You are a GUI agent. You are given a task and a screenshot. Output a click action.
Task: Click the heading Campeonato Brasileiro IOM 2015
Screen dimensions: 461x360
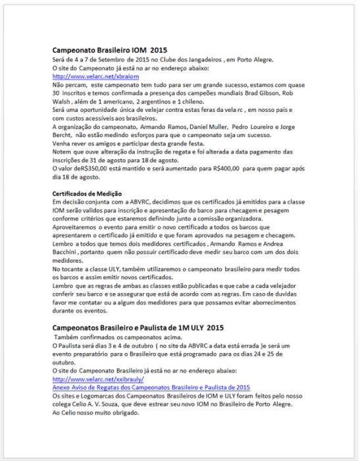pyautogui.click(x=110, y=50)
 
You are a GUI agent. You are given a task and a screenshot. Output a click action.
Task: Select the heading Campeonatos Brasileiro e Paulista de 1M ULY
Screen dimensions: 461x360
pyautogui.click(x=138, y=327)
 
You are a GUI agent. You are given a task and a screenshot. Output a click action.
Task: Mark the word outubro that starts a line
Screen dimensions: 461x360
pyautogui.click(x=65, y=362)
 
